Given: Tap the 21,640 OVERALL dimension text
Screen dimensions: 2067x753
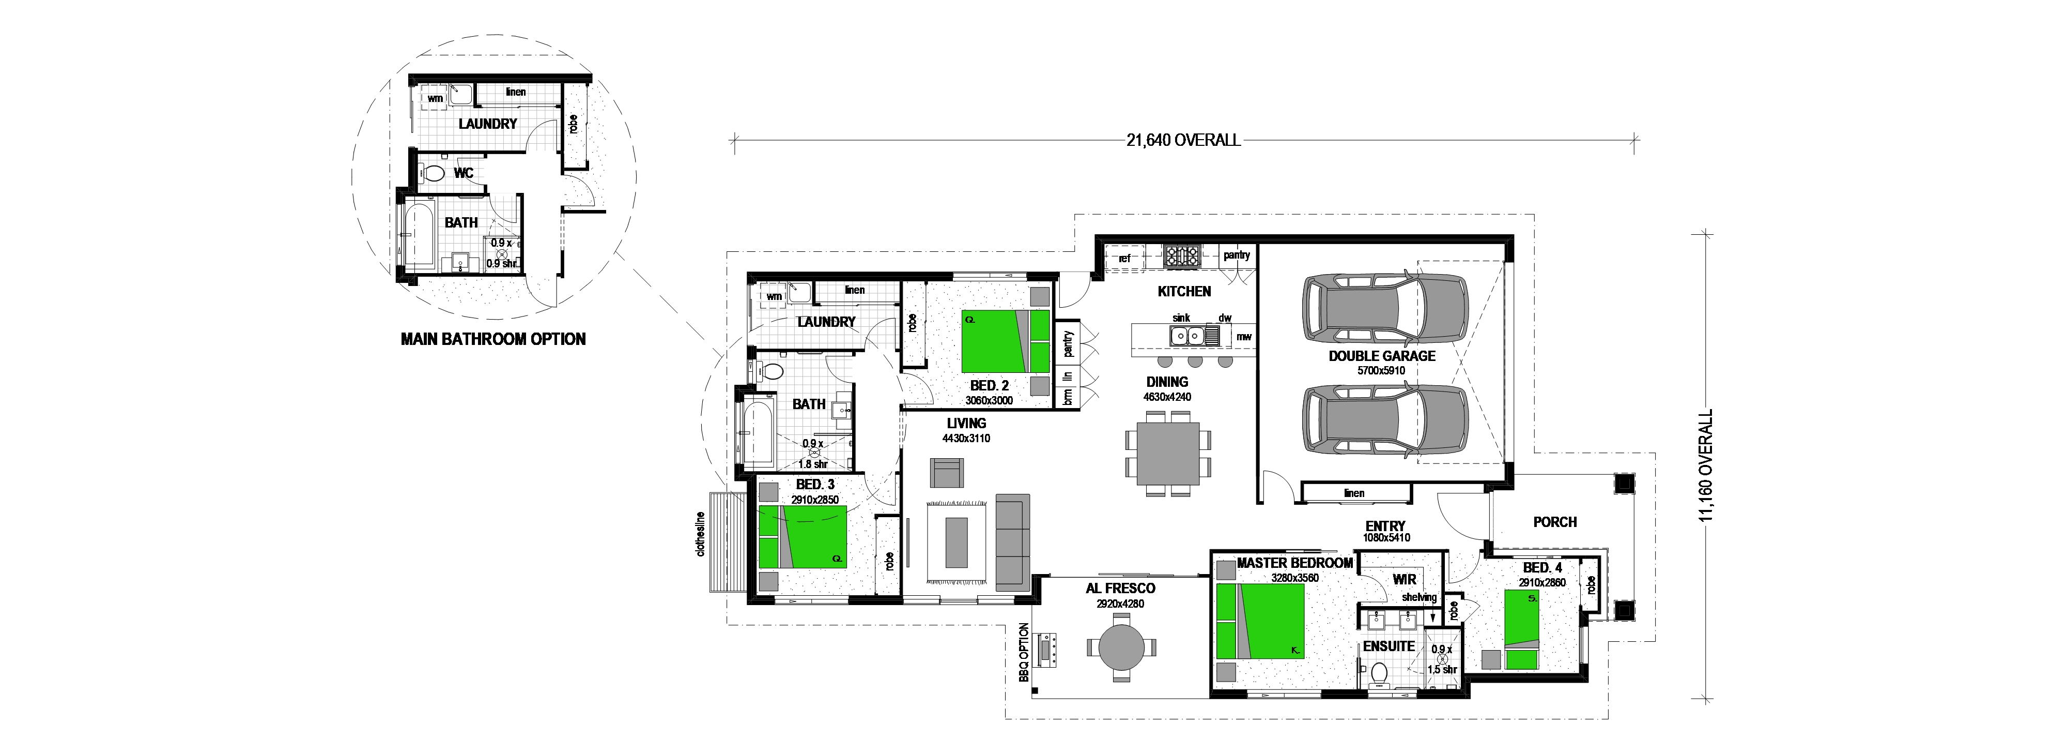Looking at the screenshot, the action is pyautogui.click(x=1183, y=141).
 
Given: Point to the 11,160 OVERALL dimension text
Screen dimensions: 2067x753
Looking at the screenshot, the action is pyautogui.click(x=1705, y=465).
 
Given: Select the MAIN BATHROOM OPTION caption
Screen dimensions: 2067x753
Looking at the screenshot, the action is pyautogui.click(x=493, y=339).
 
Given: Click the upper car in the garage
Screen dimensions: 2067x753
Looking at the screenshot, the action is pyautogui.click(x=1384, y=308).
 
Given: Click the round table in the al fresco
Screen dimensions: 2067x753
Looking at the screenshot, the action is pyautogui.click(x=1122, y=647).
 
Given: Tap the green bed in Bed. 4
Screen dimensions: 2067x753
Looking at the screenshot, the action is pyautogui.click(x=1521, y=629).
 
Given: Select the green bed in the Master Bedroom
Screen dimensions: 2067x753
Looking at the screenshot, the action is pyautogui.click(x=1260, y=621).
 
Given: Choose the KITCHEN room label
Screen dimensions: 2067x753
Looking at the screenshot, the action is pyautogui.click(x=1184, y=291).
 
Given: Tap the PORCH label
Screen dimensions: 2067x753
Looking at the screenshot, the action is pyautogui.click(x=1555, y=522).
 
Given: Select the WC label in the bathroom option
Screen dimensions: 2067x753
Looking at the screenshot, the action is pyautogui.click(x=464, y=173).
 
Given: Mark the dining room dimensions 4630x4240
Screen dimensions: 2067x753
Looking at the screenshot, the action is pyautogui.click(x=1167, y=397).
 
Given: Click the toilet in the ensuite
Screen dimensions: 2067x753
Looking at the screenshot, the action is pyautogui.click(x=1379, y=673).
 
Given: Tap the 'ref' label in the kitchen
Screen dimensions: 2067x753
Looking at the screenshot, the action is pyautogui.click(x=1124, y=259).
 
